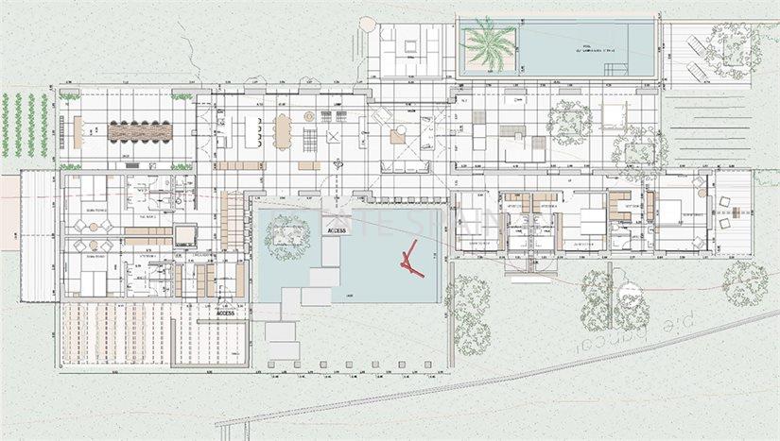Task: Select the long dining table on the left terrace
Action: click(139, 132)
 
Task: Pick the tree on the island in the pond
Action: click(287, 235)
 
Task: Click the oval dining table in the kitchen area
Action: click(284, 131)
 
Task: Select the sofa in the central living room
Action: click(406, 167)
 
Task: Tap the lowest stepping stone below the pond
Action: click(281, 352)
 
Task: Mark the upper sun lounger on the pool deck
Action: click(694, 43)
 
